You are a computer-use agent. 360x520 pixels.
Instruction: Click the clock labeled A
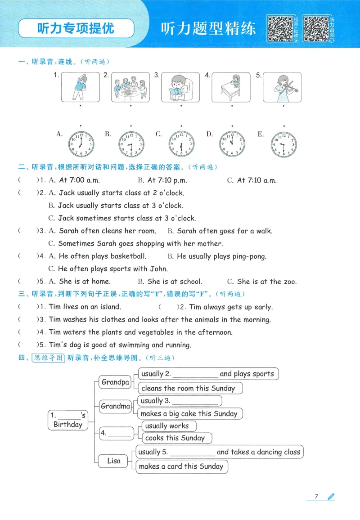point(81,144)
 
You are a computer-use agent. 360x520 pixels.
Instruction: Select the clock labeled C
point(181,144)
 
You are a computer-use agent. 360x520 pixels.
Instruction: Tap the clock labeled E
point(284,144)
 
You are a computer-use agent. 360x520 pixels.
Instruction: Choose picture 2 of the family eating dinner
point(130,87)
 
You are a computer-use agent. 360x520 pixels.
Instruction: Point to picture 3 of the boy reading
point(181,87)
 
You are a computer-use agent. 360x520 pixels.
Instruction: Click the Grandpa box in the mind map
point(115,382)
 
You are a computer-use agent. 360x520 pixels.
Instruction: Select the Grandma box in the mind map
point(115,406)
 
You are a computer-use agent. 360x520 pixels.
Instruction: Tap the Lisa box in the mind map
point(114,461)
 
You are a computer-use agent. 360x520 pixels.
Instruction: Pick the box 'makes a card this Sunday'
point(181,466)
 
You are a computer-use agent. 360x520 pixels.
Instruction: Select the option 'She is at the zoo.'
point(266,282)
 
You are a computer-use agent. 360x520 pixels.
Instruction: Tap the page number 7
point(316,496)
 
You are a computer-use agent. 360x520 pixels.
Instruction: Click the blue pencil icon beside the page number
point(331,496)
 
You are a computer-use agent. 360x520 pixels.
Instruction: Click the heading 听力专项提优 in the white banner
point(76,28)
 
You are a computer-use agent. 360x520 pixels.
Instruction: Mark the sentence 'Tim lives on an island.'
point(85,307)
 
